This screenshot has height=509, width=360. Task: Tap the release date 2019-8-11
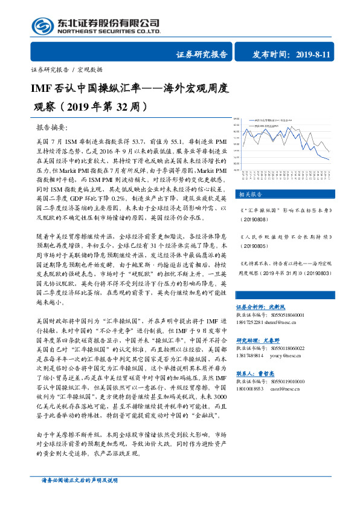click(x=313, y=54)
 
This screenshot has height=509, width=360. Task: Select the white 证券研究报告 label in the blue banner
click(x=202, y=54)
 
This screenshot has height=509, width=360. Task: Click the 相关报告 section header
click(x=248, y=195)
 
